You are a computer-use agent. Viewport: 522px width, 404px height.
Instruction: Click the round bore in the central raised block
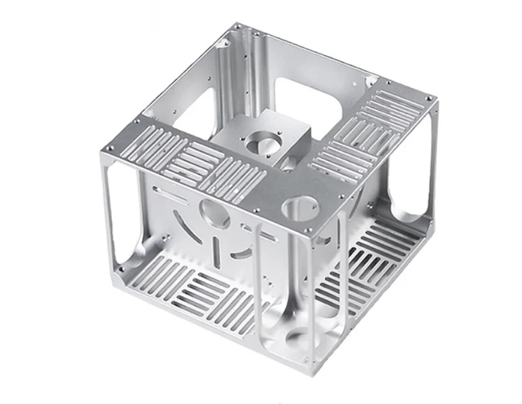point(262,141)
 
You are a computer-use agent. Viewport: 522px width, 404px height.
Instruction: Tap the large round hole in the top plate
point(301,206)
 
